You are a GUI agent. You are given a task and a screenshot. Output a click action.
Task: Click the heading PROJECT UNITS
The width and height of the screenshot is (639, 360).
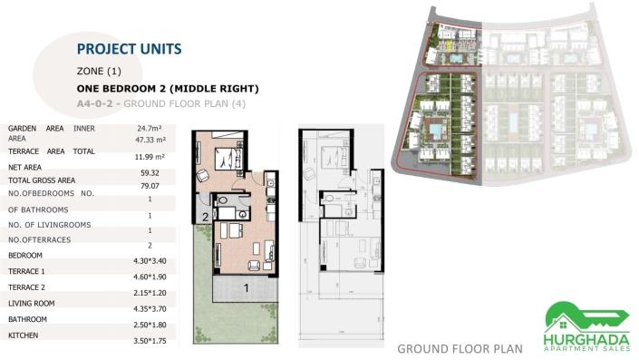pos(129,48)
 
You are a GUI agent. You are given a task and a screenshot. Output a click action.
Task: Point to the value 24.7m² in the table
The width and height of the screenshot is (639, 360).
pos(149,129)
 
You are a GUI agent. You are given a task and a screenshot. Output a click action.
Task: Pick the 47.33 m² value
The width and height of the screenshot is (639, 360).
pos(149,141)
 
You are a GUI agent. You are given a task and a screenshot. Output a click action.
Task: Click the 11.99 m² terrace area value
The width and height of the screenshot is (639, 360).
pos(149,157)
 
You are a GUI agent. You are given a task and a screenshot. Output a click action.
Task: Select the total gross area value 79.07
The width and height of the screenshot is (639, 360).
pos(149,186)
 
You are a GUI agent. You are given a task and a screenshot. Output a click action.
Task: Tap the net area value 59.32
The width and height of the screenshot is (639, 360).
pos(149,171)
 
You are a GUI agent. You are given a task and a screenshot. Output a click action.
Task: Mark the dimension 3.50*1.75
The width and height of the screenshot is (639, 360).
pos(149,339)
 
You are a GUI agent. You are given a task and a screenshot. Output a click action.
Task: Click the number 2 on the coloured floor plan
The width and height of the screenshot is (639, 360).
pos(205,217)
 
